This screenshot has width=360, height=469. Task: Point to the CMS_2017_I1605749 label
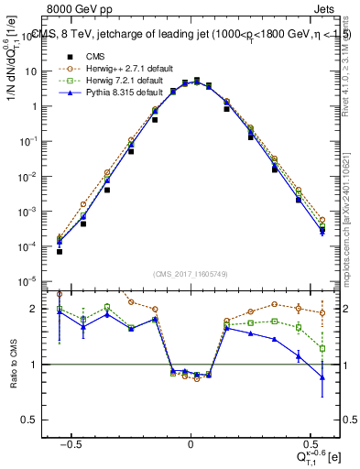(x=190, y=274)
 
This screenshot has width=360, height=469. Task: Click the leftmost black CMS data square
(x=60, y=250)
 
